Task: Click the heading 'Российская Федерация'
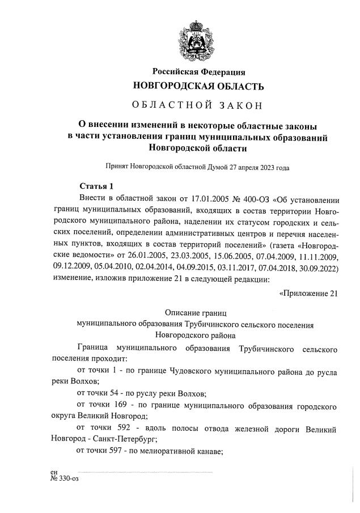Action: coord(198,72)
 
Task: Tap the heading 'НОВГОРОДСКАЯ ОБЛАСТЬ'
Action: coord(198,86)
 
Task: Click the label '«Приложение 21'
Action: coord(309,292)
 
